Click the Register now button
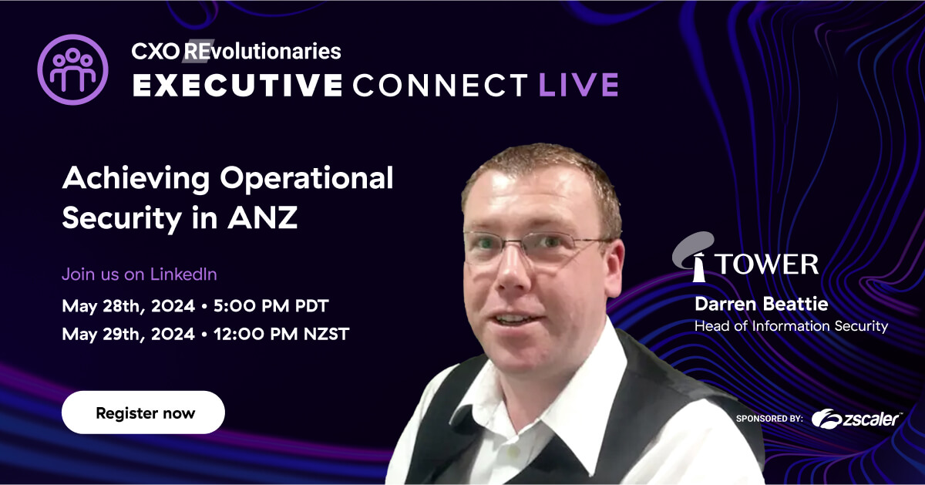point(143,413)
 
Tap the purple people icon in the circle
point(72,69)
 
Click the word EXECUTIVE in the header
point(237,85)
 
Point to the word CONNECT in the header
point(441,85)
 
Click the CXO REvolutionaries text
point(236,52)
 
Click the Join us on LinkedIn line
point(139,274)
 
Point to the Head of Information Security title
point(791,326)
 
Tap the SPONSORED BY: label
point(769,419)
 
